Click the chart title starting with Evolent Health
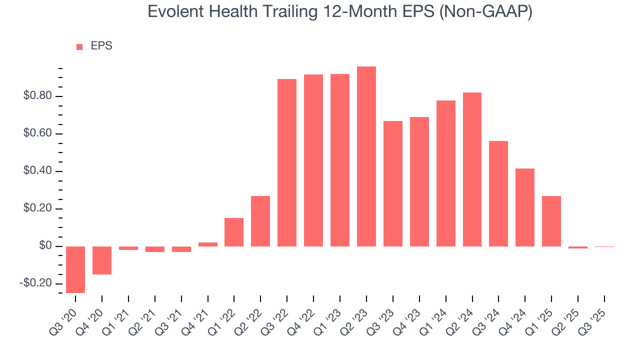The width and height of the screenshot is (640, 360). click(340, 11)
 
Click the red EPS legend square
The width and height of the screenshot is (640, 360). click(79, 47)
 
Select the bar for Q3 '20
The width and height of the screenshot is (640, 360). click(75, 269)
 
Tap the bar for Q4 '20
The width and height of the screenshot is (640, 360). click(102, 260)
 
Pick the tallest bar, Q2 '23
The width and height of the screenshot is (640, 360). click(366, 156)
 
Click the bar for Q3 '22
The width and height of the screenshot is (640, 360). click(287, 162)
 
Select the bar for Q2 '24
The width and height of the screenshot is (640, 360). click(472, 169)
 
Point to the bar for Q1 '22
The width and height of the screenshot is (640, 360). click(234, 232)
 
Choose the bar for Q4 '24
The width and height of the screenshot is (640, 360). click(525, 207)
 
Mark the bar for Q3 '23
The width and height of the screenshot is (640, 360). click(393, 183)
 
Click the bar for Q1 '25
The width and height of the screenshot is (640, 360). click(551, 221)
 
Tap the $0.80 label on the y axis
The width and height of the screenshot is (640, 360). click(38, 96)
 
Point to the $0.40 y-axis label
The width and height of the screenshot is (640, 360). click(38, 171)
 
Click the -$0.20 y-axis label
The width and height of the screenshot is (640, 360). click(36, 283)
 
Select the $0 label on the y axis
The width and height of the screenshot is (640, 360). click(46, 246)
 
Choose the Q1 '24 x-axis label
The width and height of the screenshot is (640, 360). click(438, 317)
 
